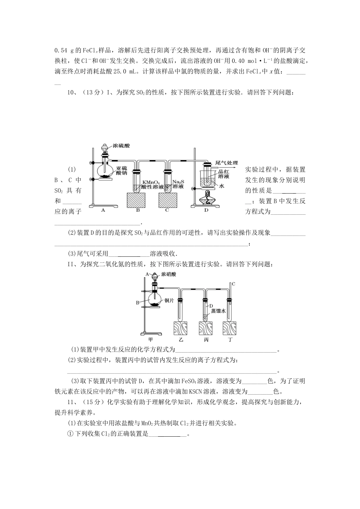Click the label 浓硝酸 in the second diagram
click(169, 274)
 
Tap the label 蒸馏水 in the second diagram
click(219, 311)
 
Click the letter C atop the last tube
click(233, 284)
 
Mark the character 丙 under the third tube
click(206, 339)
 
